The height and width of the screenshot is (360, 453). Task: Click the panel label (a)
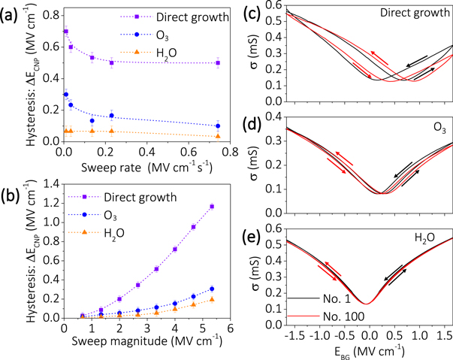13,11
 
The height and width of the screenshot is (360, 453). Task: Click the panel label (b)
13,183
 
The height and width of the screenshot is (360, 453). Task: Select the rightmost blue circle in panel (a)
218,126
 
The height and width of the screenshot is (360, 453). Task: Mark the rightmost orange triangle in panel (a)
218,136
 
